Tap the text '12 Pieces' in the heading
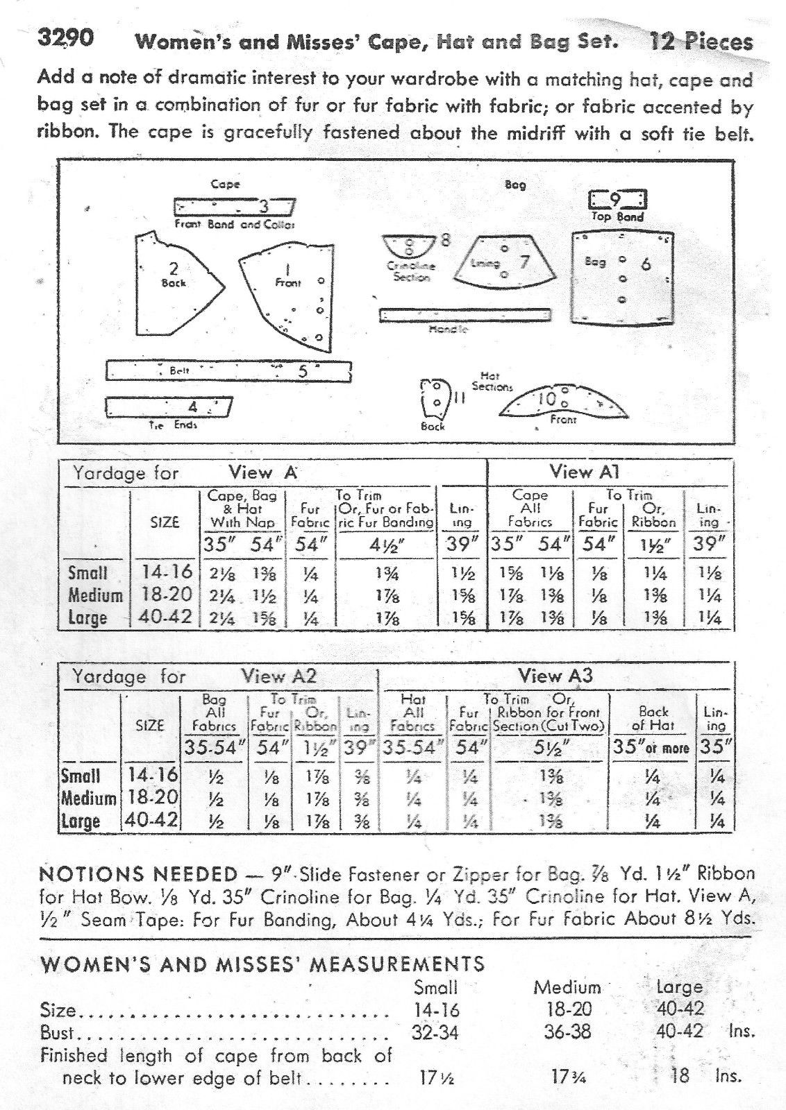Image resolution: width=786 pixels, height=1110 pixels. (701, 42)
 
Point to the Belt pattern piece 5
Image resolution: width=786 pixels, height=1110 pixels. (229, 371)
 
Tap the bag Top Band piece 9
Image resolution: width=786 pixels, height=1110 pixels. (617, 202)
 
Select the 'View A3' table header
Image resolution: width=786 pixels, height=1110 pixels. (555, 676)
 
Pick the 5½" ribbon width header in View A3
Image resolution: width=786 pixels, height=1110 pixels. (549, 748)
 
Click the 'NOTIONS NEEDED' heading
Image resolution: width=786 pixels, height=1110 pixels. (139, 873)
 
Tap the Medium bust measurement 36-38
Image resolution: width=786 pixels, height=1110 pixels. (567, 1032)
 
